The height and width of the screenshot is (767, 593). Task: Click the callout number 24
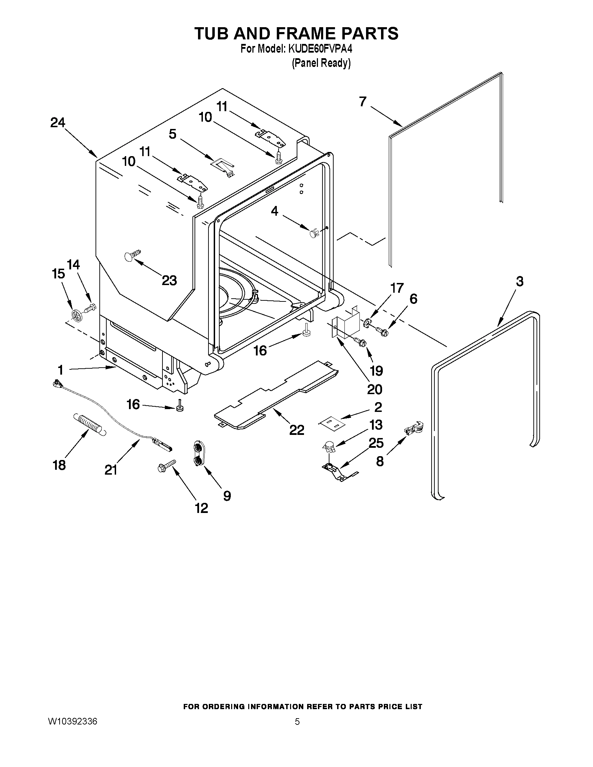tap(58, 123)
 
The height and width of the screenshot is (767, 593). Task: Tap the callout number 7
tap(363, 101)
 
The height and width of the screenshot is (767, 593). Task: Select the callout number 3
tap(519, 281)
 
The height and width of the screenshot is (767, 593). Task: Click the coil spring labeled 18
tap(89, 425)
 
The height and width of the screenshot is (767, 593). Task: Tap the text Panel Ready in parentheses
tap(321, 63)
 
